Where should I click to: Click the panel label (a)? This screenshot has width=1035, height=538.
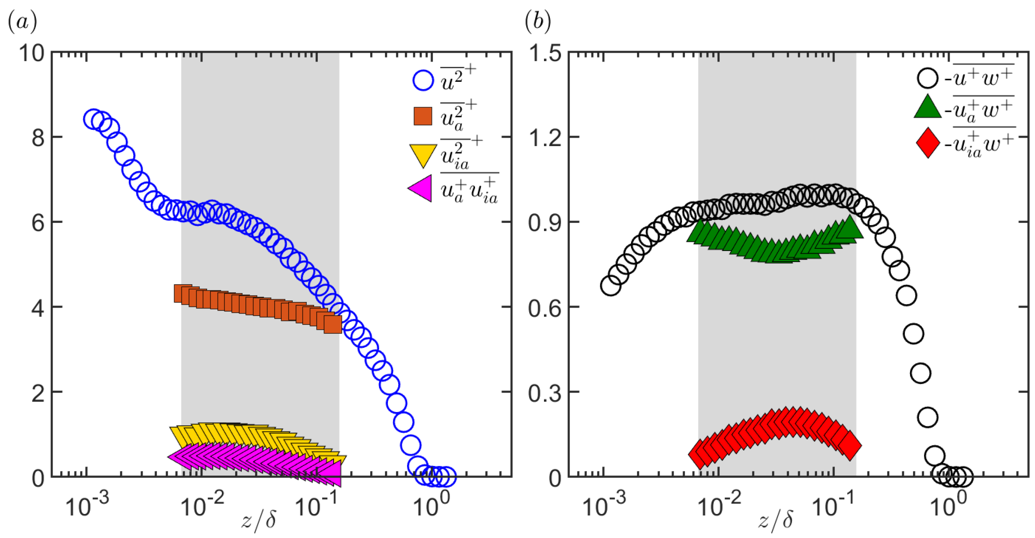coord(22,22)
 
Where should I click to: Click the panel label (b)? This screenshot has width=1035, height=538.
coord(537,22)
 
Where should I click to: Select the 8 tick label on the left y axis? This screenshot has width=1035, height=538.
coord(38,138)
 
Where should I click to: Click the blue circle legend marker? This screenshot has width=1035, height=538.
coord(423,80)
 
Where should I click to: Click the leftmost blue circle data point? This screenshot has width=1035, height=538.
coord(94,119)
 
